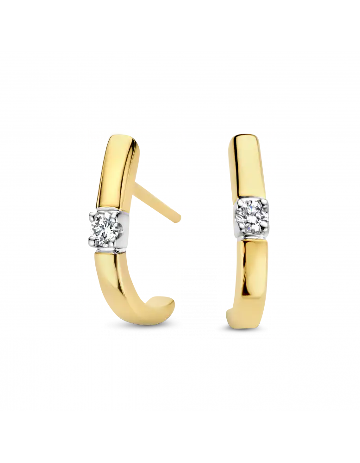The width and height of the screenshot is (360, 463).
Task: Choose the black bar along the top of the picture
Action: (x=180, y=23)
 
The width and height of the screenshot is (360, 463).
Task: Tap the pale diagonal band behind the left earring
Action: (x=153, y=204)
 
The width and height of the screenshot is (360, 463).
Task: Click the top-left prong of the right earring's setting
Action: (x=240, y=202)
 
